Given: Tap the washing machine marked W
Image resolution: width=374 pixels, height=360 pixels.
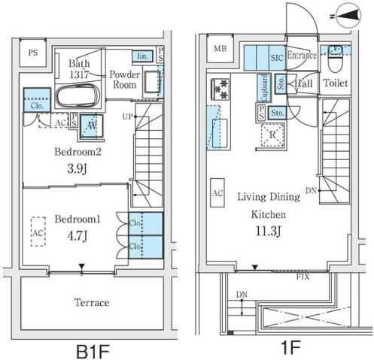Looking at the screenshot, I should tap(91, 126).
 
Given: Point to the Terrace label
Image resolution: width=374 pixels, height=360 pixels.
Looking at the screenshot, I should tap(91, 303).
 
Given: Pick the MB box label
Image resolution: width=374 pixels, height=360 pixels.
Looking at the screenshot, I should tap(220, 50).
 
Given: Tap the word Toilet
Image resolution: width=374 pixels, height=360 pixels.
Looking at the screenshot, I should tap(336, 83).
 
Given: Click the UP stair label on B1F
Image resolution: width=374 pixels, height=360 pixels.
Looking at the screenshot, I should tap(128, 116).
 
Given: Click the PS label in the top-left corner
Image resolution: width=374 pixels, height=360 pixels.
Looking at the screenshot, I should tap(33, 53).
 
